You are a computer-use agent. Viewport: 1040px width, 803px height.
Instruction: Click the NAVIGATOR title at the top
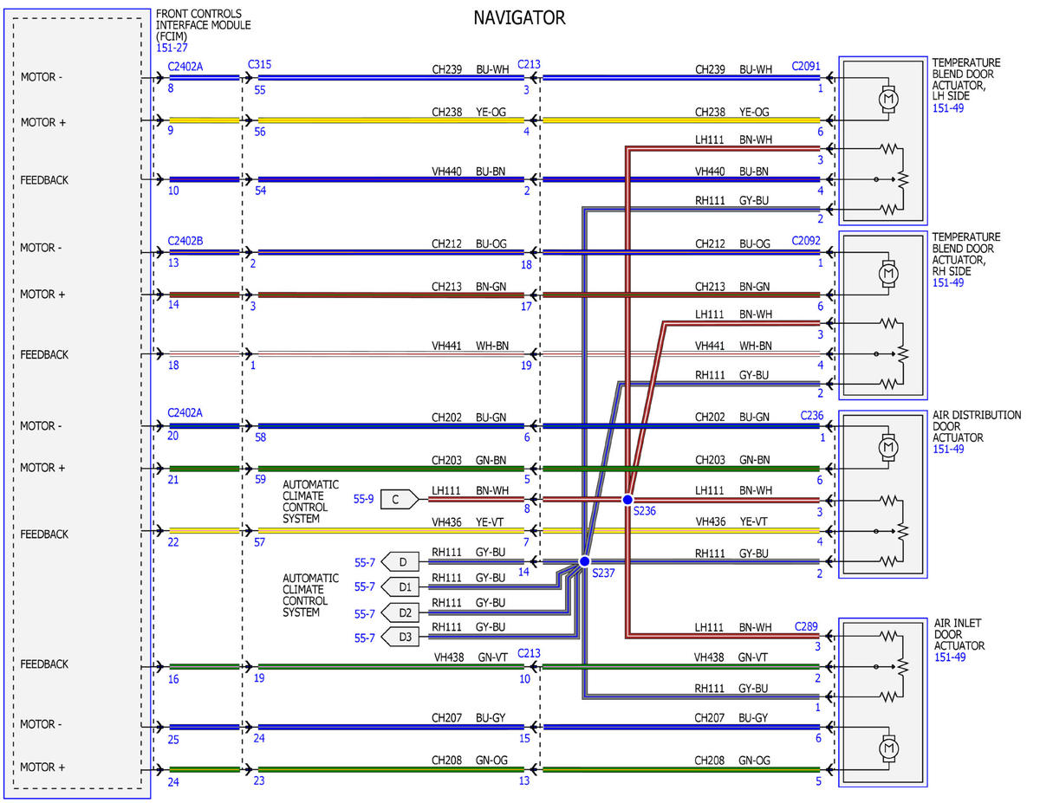coord(519,17)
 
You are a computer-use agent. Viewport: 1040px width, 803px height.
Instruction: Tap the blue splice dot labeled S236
coord(627,500)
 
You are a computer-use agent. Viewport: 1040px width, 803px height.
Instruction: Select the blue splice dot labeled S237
coord(584,561)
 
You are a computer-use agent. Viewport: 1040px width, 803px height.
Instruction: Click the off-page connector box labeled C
coord(400,499)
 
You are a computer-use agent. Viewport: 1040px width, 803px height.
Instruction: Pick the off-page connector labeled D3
coord(400,637)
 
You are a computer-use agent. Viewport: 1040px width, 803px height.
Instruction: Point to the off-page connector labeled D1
coord(400,586)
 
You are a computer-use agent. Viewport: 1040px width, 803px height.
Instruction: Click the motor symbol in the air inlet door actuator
coord(888,748)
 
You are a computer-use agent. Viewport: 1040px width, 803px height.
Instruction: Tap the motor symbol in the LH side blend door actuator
coord(888,99)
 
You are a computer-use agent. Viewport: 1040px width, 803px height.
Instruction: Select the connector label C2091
coord(806,66)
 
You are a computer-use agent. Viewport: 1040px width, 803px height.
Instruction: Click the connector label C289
coord(806,626)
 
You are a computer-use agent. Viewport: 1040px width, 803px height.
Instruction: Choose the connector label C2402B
coord(185,241)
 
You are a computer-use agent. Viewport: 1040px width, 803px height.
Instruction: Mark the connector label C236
coord(812,416)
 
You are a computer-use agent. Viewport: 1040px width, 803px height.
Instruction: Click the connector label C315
coord(259,65)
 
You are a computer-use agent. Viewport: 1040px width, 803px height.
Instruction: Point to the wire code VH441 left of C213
coord(446,346)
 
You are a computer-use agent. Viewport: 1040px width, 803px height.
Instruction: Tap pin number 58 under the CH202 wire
coord(260,437)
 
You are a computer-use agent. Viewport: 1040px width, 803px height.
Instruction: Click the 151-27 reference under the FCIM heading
coord(172,48)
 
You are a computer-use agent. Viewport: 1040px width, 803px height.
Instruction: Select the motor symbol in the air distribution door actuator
coord(888,447)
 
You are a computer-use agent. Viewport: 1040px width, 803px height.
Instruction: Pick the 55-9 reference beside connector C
coord(363,499)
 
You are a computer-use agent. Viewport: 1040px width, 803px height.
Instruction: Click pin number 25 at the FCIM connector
coord(173,740)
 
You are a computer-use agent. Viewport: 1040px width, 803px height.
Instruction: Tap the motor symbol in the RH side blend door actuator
coord(888,274)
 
